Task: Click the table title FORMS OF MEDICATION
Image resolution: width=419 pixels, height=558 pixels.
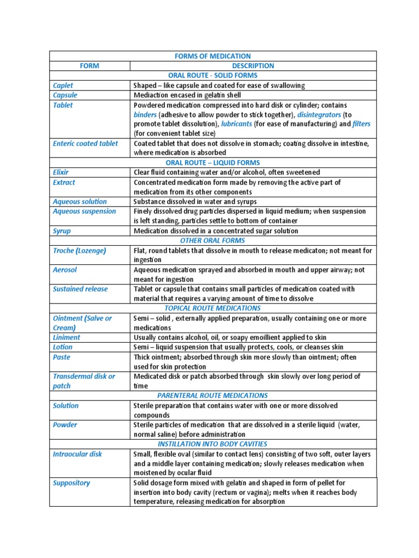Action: coord(213,56)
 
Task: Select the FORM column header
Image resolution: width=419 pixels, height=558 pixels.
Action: coord(89,66)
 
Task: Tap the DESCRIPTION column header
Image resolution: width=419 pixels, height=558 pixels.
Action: coord(253,66)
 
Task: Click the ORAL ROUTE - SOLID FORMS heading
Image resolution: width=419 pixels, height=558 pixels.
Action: coord(213,76)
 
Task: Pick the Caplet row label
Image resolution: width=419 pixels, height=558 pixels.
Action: coord(63,86)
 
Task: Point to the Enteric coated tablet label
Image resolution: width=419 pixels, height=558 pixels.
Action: coord(85,143)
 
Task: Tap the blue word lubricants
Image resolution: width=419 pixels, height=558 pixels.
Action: coord(236,124)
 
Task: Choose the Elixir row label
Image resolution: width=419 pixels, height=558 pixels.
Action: coord(61,172)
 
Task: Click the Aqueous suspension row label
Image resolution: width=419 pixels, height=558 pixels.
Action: coord(84,211)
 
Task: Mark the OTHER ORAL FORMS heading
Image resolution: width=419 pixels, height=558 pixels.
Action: coord(213,240)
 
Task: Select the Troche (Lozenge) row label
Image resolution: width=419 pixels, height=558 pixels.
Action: coord(79,251)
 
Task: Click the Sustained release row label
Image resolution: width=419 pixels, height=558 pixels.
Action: coord(80,289)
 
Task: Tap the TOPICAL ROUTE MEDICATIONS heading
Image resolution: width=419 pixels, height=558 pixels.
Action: coord(213,308)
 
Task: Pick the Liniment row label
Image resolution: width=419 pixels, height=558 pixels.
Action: coord(66,337)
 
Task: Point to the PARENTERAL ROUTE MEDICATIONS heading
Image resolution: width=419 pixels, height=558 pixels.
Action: coord(213,395)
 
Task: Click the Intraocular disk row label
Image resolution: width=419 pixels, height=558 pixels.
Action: coord(77,454)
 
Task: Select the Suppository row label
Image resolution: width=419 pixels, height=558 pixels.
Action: coord(71,483)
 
